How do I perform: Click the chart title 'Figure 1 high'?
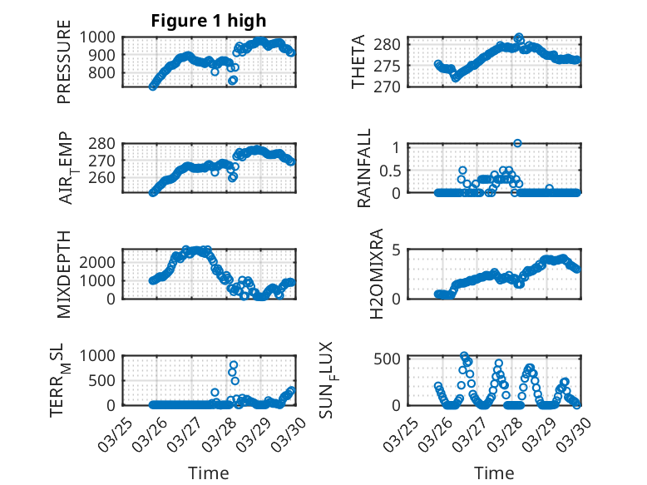click(208, 21)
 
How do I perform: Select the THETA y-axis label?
click(358, 62)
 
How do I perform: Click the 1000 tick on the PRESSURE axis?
click(101, 37)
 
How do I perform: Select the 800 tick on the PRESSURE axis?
click(106, 72)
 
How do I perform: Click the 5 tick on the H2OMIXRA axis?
click(397, 250)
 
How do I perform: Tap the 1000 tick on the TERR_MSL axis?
click(101, 355)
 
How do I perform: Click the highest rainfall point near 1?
click(517, 143)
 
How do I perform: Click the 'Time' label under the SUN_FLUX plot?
click(494, 473)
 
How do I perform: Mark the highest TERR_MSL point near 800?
click(234, 365)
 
